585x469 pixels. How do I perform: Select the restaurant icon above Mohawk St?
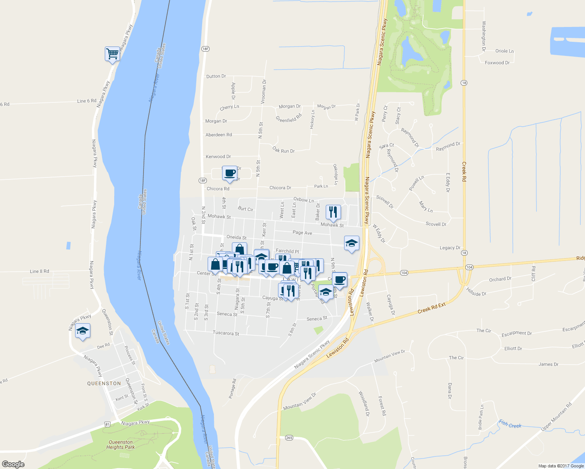click(333, 212)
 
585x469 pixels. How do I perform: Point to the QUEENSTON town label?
click(104, 383)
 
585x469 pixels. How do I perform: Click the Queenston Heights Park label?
click(120, 445)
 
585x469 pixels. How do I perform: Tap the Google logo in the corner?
click(13, 464)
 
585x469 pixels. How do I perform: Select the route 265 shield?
click(289, 437)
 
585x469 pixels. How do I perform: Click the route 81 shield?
click(108, 424)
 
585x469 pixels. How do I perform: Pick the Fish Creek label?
click(510, 424)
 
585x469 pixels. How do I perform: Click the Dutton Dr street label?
click(216, 76)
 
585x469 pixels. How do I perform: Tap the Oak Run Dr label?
click(284, 150)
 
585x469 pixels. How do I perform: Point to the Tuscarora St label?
click(226, 333)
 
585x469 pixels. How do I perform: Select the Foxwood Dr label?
click(497, 63)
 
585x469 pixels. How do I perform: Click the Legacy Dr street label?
click(450, 248)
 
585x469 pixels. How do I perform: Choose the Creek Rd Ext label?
click(431, 308)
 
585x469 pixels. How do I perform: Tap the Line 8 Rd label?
click(39, 271)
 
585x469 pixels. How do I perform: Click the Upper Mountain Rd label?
click(556, 417)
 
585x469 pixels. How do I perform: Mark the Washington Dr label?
click(484, 36)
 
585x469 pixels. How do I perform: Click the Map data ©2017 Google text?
click(561, 466)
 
